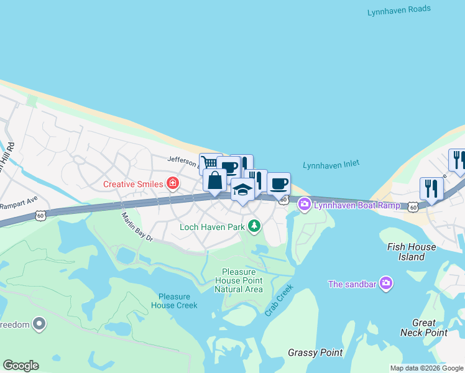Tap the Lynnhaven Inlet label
[331, 165]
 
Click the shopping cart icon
[209, 163]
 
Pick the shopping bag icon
[215, 181]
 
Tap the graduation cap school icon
[242, 191]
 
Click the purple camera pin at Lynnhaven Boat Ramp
[304, 203]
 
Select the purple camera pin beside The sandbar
[386, 284]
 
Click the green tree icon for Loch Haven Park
[254, 226]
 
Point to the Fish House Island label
[411, 251]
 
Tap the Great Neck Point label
[430, 328]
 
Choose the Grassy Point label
[315, 352]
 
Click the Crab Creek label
[278, 301]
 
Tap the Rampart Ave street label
[19, 204]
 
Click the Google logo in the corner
[21, 366]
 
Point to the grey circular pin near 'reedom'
[39, 324]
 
